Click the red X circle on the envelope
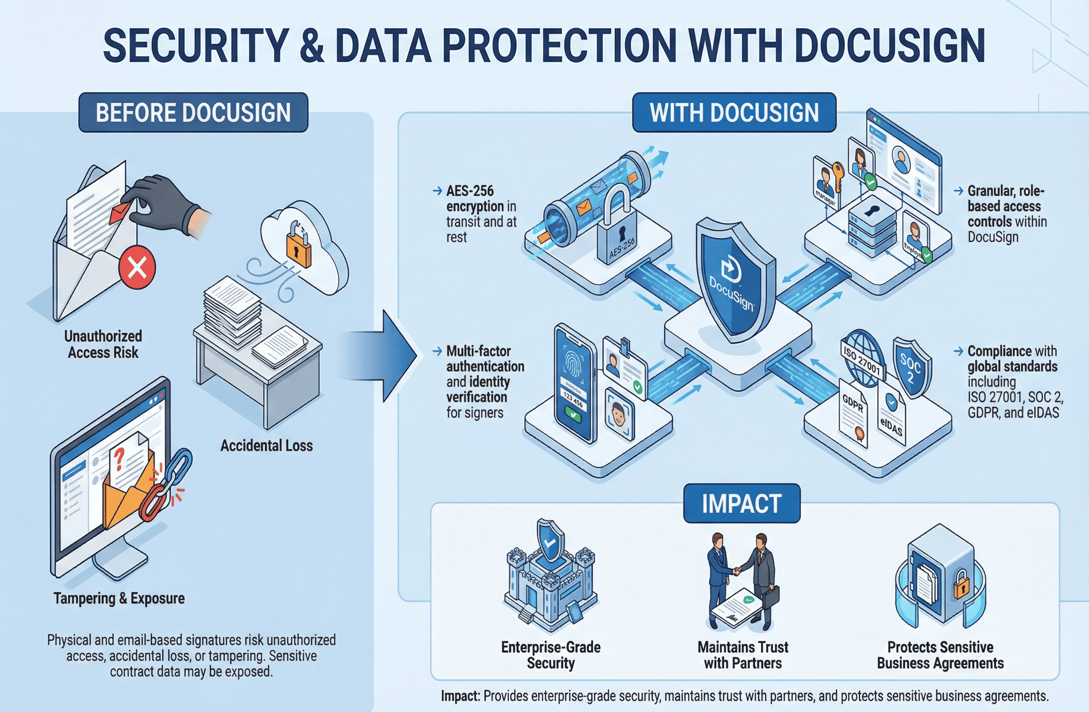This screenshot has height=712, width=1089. coord(137,267)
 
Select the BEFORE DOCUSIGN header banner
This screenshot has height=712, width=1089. coord(193,113)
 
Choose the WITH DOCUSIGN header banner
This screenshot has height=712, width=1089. coord(734,113)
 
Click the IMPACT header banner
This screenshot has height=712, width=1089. coord(741,503)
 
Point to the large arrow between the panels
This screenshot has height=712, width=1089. coord(389,356)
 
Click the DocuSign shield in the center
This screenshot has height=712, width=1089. coord(734,279)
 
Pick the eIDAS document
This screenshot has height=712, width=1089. coord(891,414)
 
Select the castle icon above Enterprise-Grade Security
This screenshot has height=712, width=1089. coord(550,581)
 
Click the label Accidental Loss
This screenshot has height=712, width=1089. coord(266,445)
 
